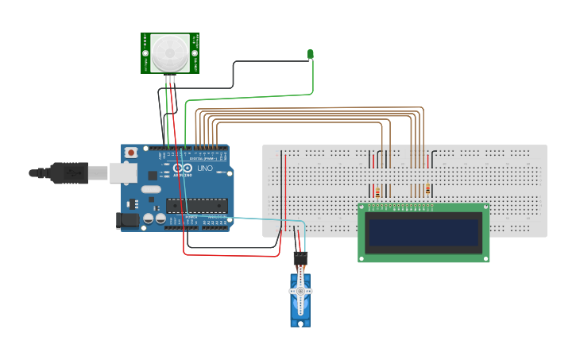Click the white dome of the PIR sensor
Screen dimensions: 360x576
click(x=170, y=54)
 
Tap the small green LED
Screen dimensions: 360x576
click(x=311, y=54)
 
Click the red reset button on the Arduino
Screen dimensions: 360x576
click(x=131, y=152)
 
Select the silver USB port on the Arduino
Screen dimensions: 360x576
click(x=122, y=172)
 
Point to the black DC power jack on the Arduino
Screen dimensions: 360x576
click(x=127, y=220)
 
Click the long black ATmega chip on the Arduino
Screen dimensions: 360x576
click(x=196, y=206)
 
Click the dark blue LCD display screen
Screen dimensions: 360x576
click(x=423, y=232)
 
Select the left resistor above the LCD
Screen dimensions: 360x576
click(x=377, y=191)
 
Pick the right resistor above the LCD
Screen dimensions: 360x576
click(x=428, y=190)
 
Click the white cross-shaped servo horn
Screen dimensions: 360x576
click(x=301, y=291)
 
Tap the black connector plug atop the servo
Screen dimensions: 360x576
click(x=300, y=259)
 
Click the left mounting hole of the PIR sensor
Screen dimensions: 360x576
click(x=145, y=53)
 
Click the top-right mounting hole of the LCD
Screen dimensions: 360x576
click(x=484, y=209)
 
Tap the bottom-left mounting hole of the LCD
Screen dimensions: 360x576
click(x=363, y=257)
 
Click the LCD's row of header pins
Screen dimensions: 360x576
click(x=406, y=207)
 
